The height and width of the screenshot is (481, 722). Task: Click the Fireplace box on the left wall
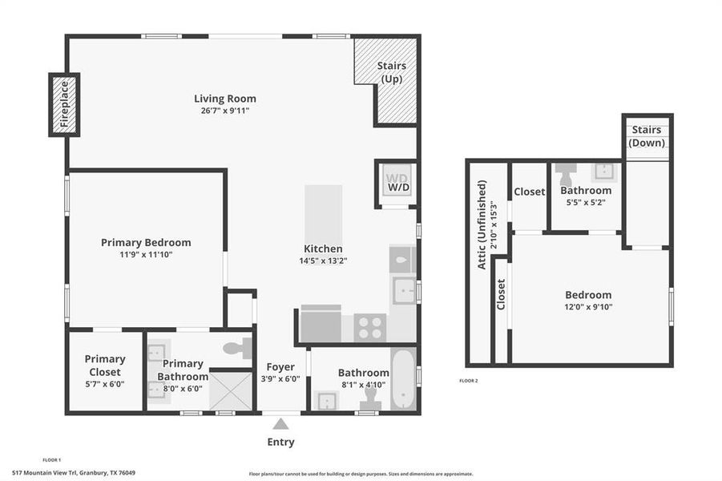pyautogui.click(x=64, y=105)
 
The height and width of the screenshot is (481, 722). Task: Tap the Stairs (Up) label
pyautogui.click(x=391, y=72)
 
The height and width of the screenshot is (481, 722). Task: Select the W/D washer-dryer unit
pyautogui.click(x=397, y=183)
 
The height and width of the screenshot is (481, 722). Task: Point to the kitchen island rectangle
pyautogui.click(x=323, y=214)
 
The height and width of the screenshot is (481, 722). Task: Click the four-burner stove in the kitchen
pyautogui.click(x=370, y=327)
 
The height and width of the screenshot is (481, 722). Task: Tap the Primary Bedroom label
pyautogui.click(x=146, y=242)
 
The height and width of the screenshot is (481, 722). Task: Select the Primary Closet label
pyautogui.click(x=105, y=366)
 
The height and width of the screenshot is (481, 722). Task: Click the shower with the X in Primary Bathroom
pyautogui.click(x=231, y=390)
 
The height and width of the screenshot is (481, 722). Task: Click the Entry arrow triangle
pyautogui.click(x=280, y=423)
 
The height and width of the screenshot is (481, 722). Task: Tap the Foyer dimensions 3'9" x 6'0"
pyautogui.click(x=280, y=379)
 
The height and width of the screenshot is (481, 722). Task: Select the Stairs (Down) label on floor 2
pyautogui.click(x=647, y=136)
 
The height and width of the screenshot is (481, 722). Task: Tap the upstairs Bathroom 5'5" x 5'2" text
pyautogui.click(x=586, y=202)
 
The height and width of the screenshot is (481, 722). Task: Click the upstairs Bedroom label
pyautogui.click(x=588, y=294)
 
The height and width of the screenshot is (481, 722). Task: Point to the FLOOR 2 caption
pyautogui.click(x=469, y=380)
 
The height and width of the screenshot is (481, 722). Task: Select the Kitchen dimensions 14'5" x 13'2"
pyautogui.click(x=323, y=260)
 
